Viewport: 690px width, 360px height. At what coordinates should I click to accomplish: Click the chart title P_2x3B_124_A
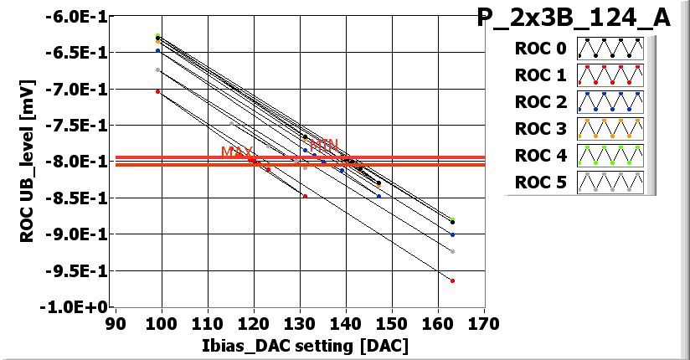(574, 19)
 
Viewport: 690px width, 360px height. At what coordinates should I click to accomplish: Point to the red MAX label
(236, 152)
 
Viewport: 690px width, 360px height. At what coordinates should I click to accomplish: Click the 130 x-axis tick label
(300, 322)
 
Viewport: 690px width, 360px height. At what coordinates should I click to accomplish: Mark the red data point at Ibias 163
(452, 281)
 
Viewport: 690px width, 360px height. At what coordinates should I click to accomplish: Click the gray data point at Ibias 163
(452, 251)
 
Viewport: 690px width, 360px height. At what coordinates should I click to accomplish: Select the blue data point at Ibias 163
(452, 234)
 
